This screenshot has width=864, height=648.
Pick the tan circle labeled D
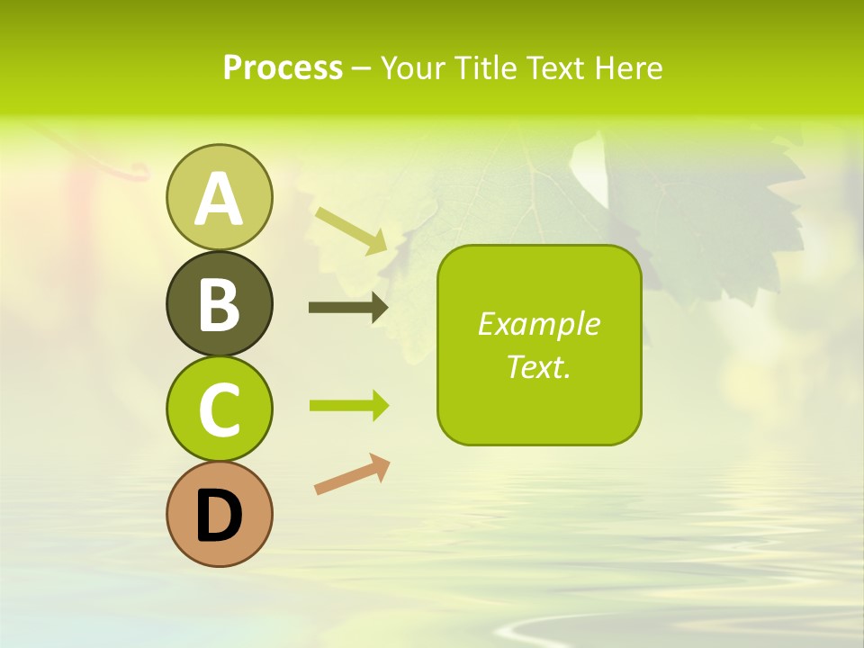[219, 514]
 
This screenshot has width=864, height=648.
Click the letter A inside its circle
[219, 199]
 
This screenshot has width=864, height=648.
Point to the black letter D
[219, 517]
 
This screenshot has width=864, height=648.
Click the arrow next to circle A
[352, 229]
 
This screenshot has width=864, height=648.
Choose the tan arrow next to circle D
[352, 474]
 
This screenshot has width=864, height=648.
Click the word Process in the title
[283, 68]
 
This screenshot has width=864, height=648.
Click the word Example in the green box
[538, 324]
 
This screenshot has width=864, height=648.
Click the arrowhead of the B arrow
[379, 308]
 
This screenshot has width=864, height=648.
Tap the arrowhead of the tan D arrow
[381, 464]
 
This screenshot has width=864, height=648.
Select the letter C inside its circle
[219, 411]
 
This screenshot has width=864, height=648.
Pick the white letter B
[219, 305]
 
